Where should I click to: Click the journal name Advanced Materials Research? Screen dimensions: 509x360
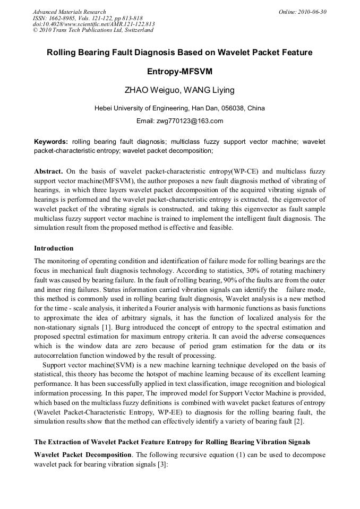click(x=69, y=12)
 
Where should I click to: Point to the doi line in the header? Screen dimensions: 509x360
click(x=93, y=24)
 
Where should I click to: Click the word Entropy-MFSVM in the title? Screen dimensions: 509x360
click(x=179, y=71)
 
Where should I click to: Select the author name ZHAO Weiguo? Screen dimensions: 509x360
click(x=151, y=90)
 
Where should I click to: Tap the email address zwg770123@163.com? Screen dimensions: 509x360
click(x=194, y=121)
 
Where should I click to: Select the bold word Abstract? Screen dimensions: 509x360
click(x=48, y=171)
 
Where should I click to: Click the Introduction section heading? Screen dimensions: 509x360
click(x=54, y=248)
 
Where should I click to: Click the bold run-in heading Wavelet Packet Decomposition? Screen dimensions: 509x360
click(x=83, y=455)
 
